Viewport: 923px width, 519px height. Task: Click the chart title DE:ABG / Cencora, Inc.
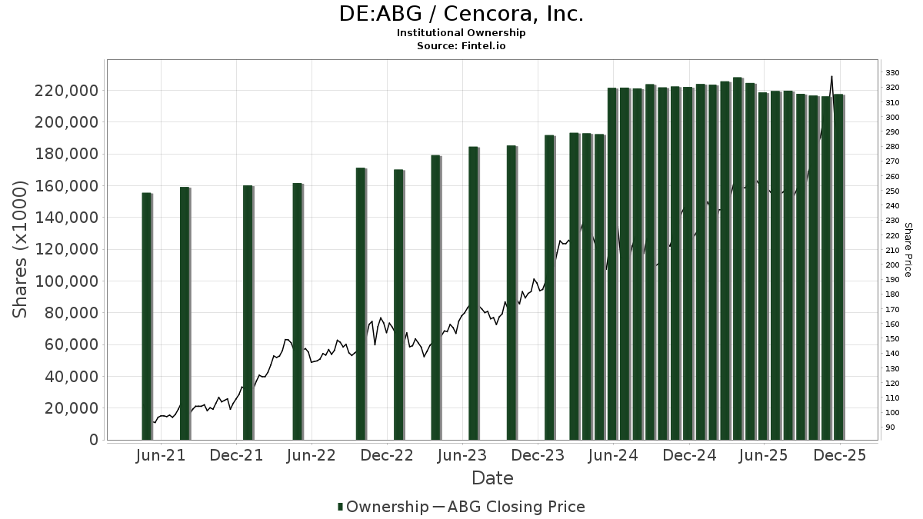coord(461,14)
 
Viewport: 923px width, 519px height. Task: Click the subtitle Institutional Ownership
coord(461,33)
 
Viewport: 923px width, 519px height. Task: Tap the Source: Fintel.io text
coord(461,46)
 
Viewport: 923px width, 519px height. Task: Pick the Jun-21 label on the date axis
coord(161,455)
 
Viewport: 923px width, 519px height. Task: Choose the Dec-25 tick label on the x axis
coord(840,455)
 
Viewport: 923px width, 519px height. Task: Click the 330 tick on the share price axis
coord(892,72)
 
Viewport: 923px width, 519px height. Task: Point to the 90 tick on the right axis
coord(890,428)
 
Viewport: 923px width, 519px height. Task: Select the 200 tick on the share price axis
coord(892,264)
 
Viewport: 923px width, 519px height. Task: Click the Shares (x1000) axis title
coord(21,249)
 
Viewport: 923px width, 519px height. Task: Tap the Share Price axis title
coord(908,249)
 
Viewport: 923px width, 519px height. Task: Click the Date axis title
coord(492,478)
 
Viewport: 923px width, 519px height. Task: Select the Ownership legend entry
coord(383,507)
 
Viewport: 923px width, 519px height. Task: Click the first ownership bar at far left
coord(146,315)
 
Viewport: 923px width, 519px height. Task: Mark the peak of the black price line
coord(831,76)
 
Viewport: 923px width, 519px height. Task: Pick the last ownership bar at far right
coord(838,266)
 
